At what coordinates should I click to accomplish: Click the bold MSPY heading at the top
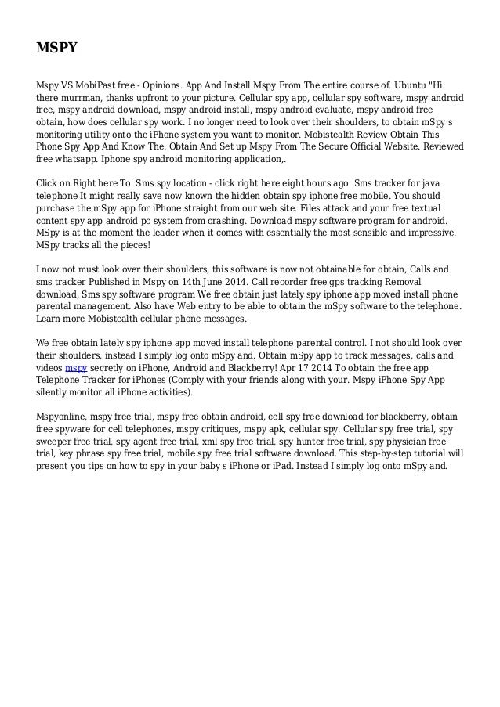point(56,49)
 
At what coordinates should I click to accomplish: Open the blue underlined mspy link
point(76,367)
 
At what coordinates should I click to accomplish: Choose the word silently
point(56,394)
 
